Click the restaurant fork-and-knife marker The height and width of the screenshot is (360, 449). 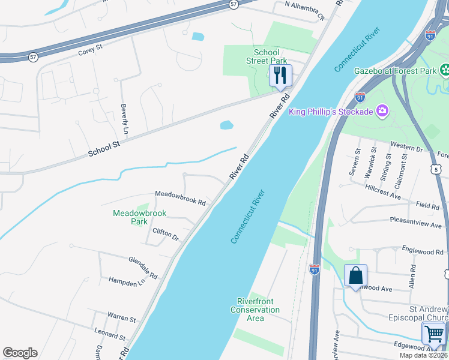280,76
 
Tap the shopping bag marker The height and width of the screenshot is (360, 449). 355,276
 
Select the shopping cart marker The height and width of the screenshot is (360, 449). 434,333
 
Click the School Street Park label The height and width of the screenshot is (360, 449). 267,56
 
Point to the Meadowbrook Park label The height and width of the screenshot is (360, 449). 139,217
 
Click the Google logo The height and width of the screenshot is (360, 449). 20,353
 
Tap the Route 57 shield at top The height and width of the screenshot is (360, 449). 234,4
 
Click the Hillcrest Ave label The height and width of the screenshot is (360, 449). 382,191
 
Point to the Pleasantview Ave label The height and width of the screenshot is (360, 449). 415,223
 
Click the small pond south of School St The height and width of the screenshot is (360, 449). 226,125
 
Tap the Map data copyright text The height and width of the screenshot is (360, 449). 423,355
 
